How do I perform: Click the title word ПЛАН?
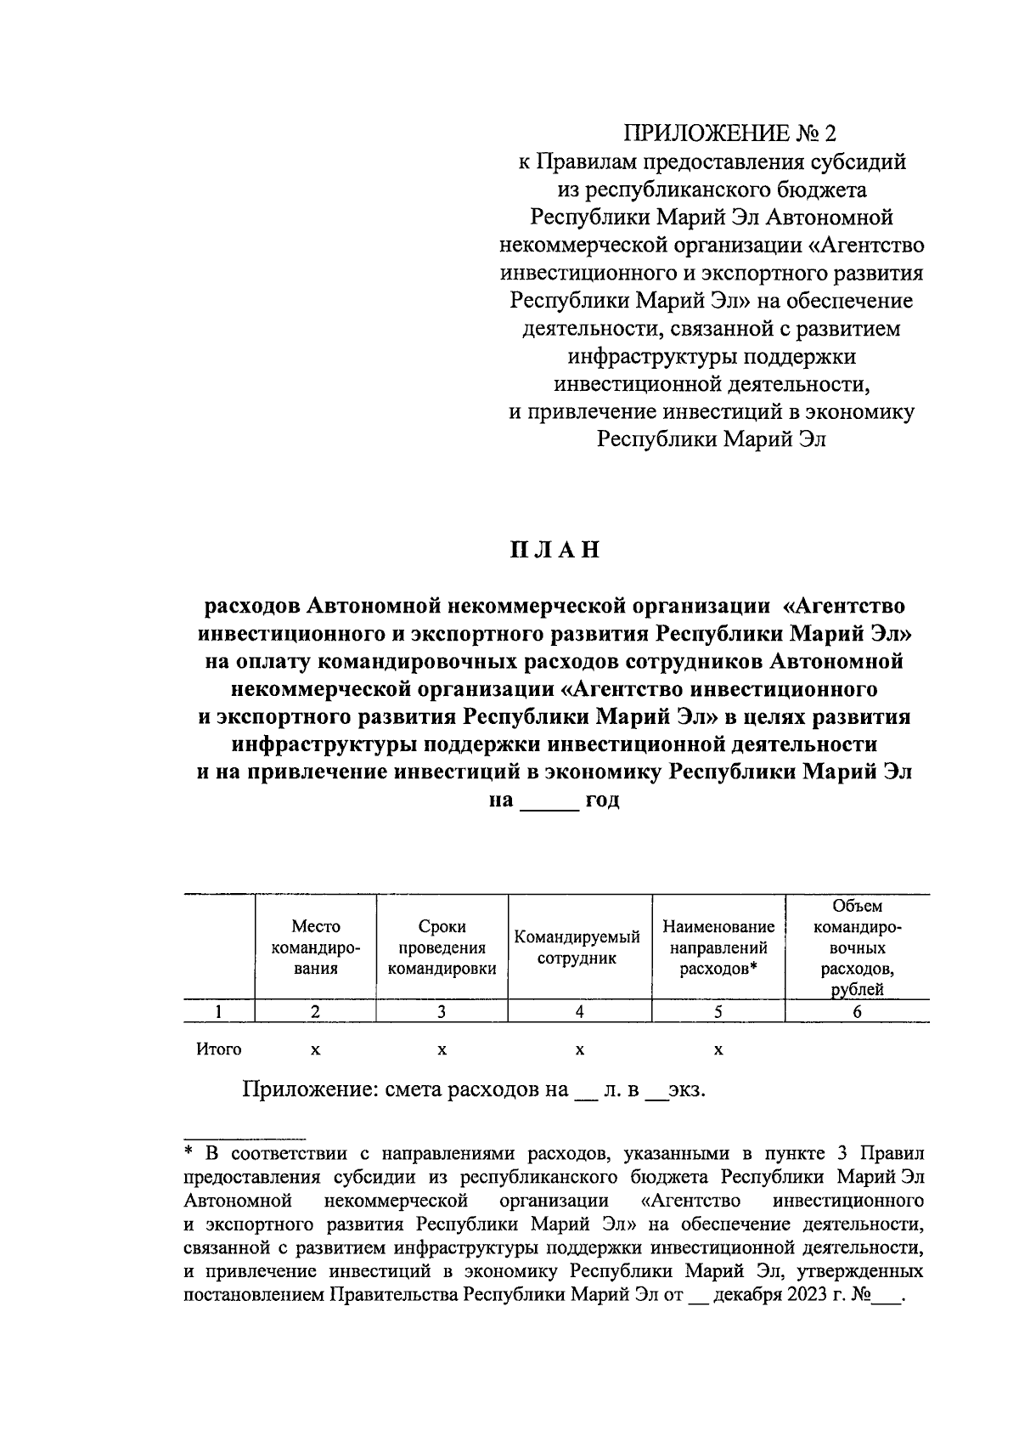click(x=555, y=550)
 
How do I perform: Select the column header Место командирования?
click(x=315, y=947)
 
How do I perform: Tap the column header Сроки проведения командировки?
click(x=442, y=947)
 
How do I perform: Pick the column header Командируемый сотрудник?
click(x=577, y=947)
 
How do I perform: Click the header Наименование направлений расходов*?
click(x=718, y=947)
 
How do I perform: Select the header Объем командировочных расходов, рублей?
click(x=857, y=947)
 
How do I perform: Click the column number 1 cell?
click(x=219, y=1011)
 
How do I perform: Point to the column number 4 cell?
click(x=579, y=1011)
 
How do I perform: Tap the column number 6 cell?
click(x=857, y=1011)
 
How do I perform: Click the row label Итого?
click(x=219, y=1049)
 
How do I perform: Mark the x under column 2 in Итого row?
click(x=315, y=1051)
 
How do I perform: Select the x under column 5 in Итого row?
click(x=718, y=1051)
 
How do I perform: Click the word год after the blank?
click(x=602, y=800)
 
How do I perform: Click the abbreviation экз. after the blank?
click(x=686, y=1090)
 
